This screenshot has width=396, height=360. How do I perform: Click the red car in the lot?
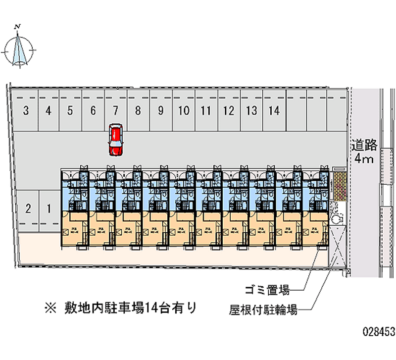115,139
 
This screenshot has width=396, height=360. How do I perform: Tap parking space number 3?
25,110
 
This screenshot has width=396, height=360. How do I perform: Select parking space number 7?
115,110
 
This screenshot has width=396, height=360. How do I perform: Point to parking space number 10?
183,110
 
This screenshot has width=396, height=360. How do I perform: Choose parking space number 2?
28,208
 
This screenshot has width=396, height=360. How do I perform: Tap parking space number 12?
228,110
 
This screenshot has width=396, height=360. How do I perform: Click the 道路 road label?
365,145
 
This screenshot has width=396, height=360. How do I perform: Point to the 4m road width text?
365,159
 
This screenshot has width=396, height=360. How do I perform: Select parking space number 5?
70,110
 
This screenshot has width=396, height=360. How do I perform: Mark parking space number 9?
160,110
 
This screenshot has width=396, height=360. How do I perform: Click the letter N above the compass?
18,27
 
